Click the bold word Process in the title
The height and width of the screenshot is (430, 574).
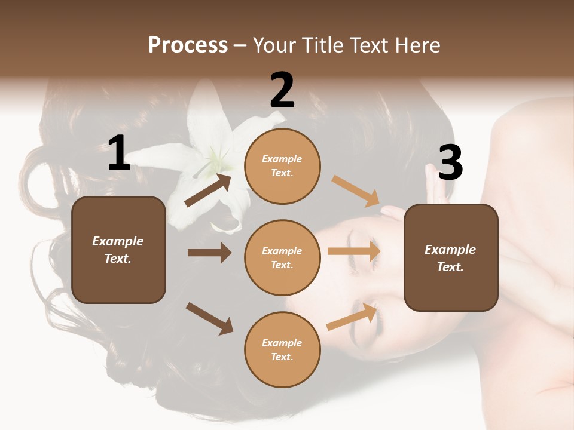(188, 45)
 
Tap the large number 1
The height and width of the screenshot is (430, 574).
(119, 153)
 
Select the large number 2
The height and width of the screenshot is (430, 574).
(282, 90)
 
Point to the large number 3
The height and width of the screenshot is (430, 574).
(451, 162)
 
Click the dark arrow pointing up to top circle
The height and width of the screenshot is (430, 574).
(208, 190)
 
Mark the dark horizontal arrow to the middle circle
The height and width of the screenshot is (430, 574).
(209, 253)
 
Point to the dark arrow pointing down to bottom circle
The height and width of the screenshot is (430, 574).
(209, 318)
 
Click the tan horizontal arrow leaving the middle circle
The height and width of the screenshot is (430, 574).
(354, 251)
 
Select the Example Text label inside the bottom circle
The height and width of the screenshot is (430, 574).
(282, 349)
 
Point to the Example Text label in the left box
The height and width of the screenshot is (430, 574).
(118, 250)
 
